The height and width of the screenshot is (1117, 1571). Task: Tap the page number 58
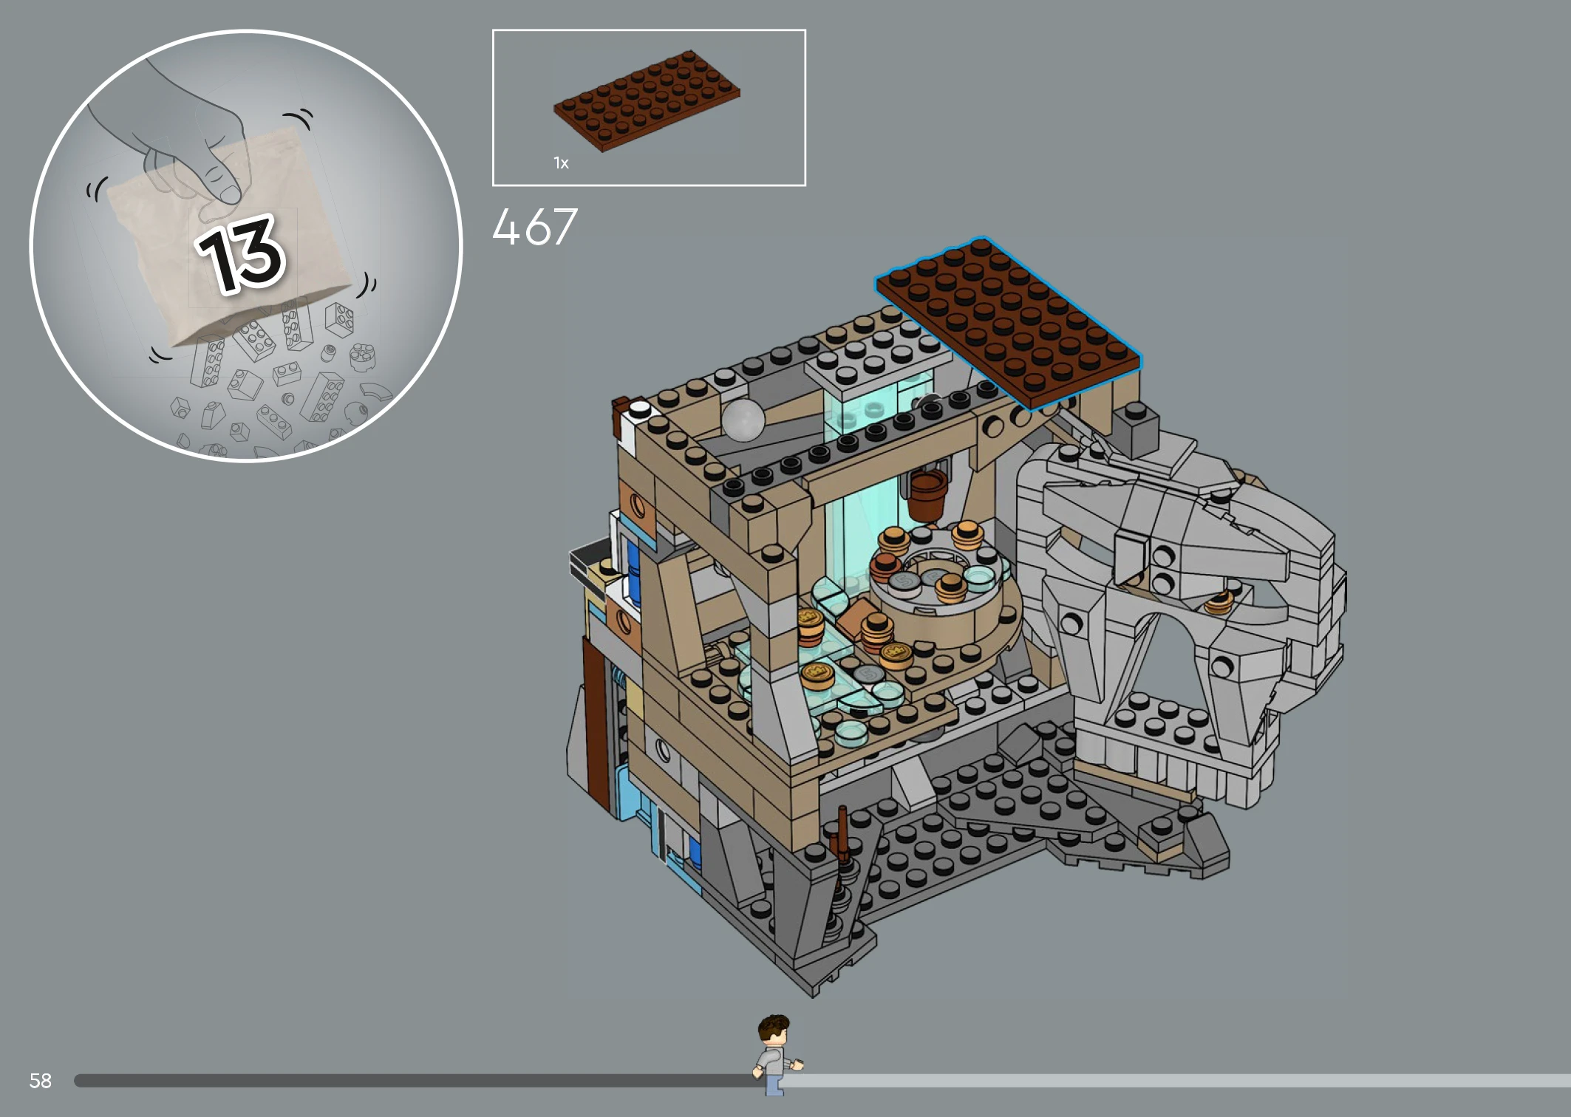click(40, 1081)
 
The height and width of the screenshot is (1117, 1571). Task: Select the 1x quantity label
click(561, 163)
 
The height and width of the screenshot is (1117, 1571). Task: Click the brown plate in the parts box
click(647, 100)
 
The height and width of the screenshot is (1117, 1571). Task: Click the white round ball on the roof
click(743, 420)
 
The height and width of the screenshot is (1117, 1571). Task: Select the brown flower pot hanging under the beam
click(927, 492)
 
